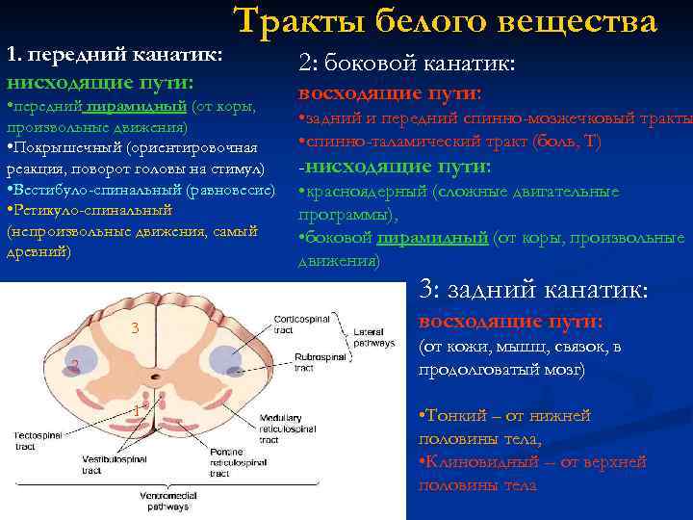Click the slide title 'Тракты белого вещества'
click(445, 20)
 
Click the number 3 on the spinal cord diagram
click(136, 329)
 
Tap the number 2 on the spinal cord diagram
click(73, 364)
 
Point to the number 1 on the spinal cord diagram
click(136, 411)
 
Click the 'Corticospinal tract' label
click(300, 322)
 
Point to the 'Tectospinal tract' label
click(39, 442)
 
